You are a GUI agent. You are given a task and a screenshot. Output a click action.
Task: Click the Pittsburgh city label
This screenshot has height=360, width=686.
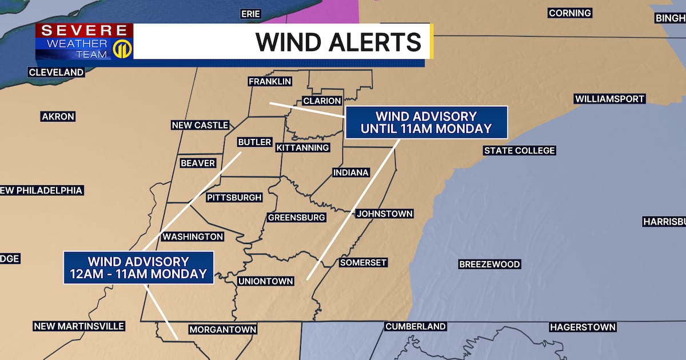pos(234,198)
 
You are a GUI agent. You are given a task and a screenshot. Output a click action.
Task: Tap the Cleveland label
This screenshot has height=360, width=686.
pos(56,73)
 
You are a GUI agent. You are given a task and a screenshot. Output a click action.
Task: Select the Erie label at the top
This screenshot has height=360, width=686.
pos(250,14)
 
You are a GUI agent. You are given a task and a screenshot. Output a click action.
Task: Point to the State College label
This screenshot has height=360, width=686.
pos(519,150)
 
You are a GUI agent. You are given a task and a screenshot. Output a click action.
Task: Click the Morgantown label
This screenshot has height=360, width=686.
pos(223,330)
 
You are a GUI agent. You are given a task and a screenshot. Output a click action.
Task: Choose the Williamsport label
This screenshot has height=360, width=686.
pos(609,99)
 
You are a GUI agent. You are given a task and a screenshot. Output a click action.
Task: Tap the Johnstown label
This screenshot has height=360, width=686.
pos(384,214)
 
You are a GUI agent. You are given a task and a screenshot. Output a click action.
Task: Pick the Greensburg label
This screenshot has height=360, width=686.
pos(296,217)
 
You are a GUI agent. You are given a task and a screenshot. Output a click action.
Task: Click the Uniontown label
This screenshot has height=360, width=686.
pos(266,281)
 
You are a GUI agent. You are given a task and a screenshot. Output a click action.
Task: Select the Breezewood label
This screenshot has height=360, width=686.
pos(490,264)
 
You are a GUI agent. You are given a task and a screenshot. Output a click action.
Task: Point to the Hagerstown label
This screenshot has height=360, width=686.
pos(583,327)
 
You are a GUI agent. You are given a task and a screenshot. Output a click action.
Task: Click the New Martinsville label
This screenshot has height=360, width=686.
pos(79,326)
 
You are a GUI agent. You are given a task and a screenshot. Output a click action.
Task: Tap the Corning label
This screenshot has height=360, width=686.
pos(569,13)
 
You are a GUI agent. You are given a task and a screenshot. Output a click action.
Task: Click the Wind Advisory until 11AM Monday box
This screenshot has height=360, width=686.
pos(426,122)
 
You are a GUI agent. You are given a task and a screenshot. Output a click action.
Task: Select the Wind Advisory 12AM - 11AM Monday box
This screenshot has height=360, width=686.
pos(138,267)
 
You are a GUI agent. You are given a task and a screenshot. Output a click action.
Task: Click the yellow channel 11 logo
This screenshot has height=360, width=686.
pos(122,49)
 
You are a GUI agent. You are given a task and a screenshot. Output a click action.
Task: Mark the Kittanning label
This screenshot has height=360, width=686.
pos(303,147)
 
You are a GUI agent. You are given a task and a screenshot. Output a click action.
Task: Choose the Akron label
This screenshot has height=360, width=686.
pos(58,117)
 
